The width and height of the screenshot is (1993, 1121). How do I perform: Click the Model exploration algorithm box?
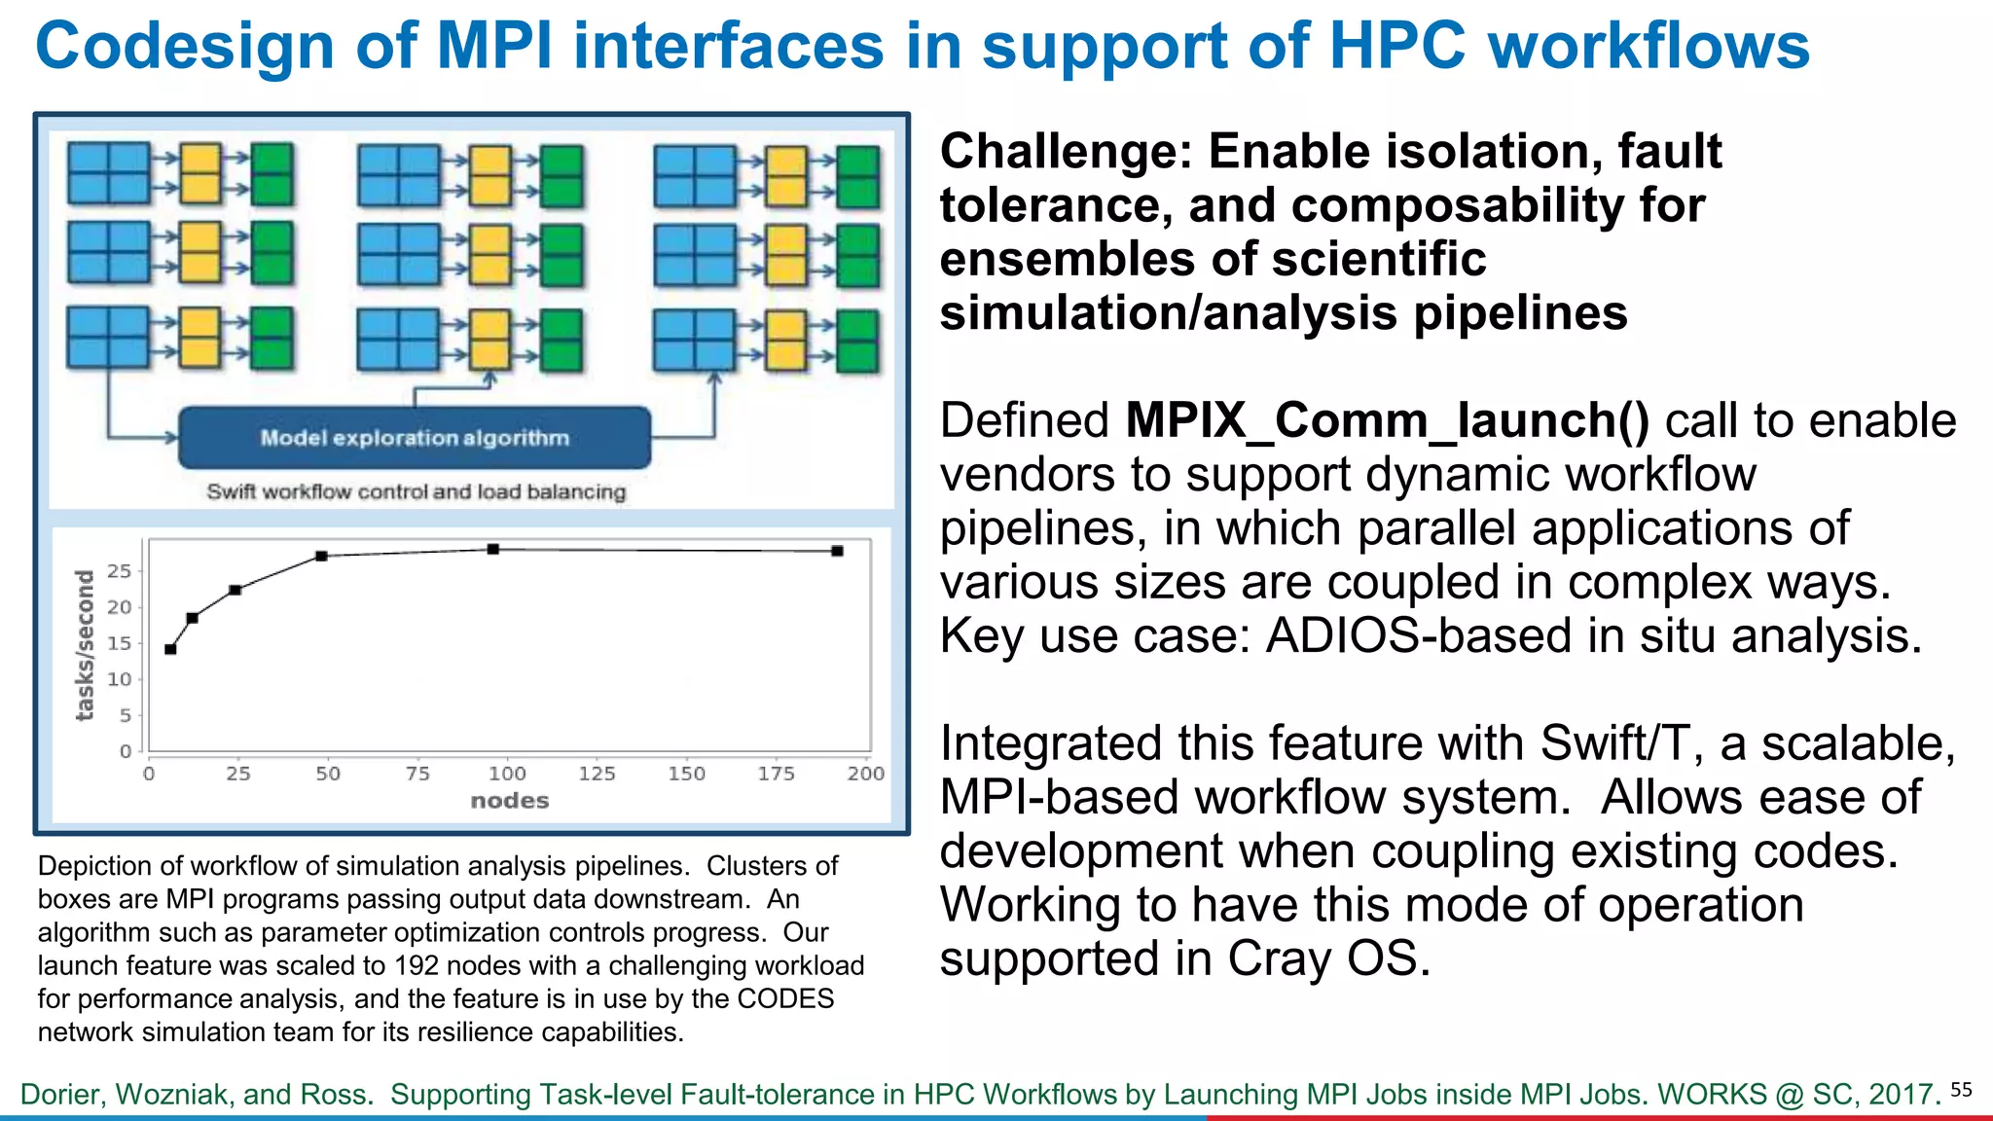click(x=415, y=438)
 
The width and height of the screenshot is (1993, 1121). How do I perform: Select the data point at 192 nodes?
click(x=837, y=551)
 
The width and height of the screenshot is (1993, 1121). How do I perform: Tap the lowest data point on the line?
click(x=170, y=649)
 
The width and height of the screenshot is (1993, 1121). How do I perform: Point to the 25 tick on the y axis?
click(x=119, y=571)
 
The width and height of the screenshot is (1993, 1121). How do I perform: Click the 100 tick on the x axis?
click(x=507, y=774)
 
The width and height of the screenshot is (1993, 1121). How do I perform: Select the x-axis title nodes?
click(x=509, y=801)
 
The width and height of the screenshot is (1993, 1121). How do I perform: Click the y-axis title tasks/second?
click(x=86, y=645)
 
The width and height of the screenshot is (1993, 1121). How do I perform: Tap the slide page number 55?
click(x=1961, y=1090)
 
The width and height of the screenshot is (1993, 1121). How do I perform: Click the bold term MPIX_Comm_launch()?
click(x=1387, y=420)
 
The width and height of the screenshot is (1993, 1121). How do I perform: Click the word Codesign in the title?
click(x=185, y=46)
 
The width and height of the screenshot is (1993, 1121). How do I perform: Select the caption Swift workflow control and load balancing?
click(x=416, y=491)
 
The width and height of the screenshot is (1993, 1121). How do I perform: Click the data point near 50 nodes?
click(x=321, y=556)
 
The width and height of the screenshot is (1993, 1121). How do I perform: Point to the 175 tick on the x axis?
click(x=776, y=774)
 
